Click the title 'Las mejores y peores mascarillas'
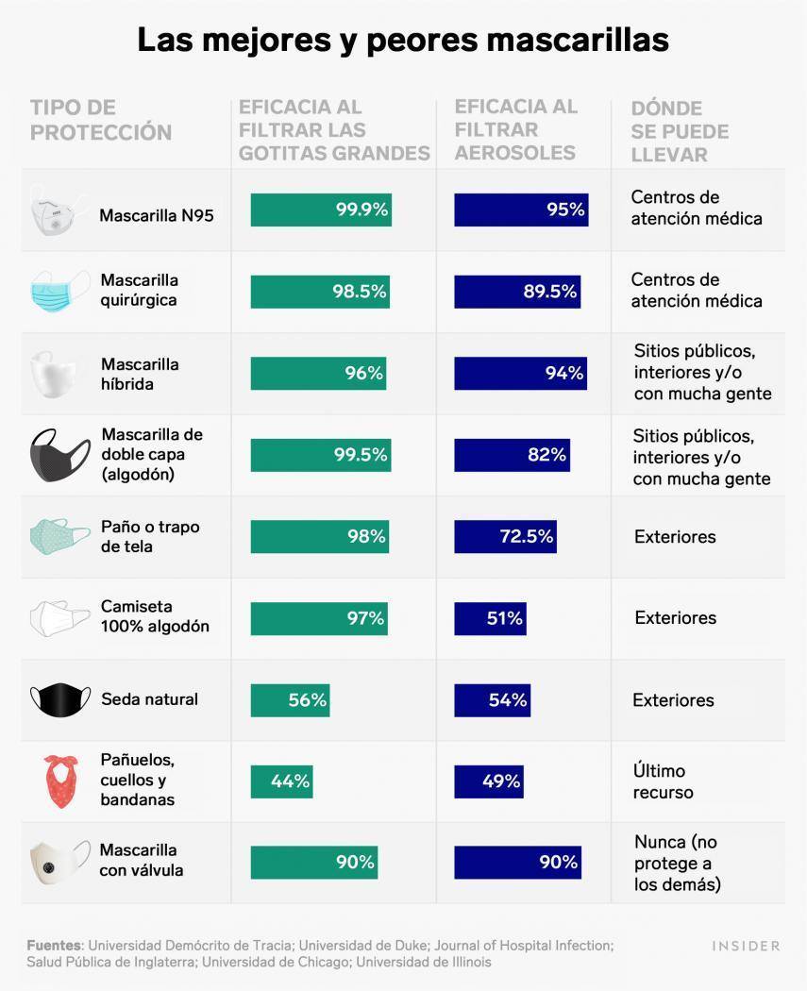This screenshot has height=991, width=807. click(403, 41)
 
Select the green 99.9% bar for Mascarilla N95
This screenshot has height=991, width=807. click(321, 210)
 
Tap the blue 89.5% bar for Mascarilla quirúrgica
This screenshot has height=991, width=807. click(517, 292)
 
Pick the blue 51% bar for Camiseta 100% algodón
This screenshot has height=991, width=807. click(490, 618)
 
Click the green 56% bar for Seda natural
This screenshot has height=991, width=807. click(290, 700)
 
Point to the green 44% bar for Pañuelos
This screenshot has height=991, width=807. click(281, 781)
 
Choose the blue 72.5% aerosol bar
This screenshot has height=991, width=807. click(505, 537)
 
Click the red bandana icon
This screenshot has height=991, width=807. click(60, 781)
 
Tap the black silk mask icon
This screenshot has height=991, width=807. click(60, 699)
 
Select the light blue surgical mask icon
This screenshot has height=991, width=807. click(59, 292)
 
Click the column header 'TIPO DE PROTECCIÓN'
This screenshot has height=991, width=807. click(101, 120)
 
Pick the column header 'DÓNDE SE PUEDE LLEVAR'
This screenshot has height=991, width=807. click(680, 131)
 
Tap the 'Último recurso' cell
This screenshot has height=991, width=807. click(663, 781)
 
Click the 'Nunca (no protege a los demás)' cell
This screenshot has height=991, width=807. click(678, 863)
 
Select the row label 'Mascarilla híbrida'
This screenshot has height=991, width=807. click(140, 374)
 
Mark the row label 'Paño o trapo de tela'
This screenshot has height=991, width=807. click(150, 537)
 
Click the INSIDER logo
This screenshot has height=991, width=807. click(746, 946)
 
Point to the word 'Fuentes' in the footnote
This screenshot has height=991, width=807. click(55, 946)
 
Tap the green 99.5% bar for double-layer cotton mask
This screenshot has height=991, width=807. click(321, 455)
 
